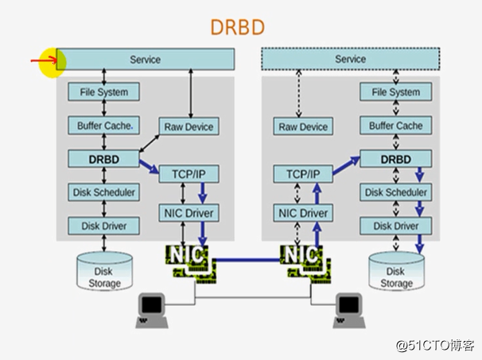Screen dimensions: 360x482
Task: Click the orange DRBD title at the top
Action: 237,26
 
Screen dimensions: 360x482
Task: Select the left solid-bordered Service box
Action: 146,60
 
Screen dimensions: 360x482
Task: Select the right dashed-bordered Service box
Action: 350,60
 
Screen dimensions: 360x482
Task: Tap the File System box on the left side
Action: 103,92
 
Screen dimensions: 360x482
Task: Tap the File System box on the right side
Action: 395,92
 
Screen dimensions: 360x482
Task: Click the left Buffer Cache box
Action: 103,126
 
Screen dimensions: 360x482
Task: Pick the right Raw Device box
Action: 303,126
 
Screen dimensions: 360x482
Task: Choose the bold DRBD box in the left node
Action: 103,159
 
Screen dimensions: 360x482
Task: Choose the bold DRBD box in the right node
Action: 395,159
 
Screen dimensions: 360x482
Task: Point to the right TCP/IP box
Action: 303,173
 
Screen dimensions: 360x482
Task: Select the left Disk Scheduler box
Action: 103,192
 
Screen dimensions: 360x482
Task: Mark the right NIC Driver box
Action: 303,213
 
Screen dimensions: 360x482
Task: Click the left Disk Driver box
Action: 103,226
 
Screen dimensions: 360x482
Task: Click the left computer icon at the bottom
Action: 150,306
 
